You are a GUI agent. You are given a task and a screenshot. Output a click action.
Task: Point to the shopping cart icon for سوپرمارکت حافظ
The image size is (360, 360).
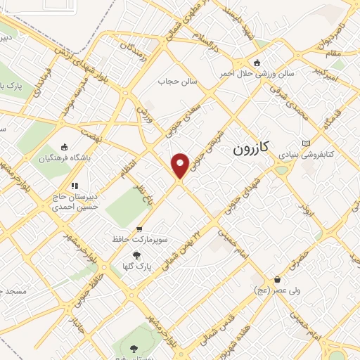tap(139, 229)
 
